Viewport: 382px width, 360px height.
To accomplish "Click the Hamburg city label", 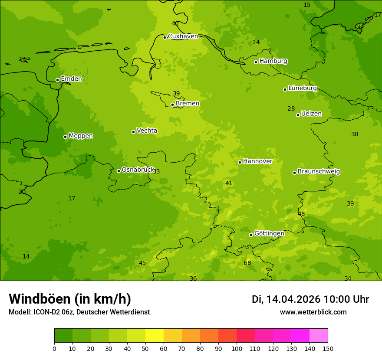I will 273,61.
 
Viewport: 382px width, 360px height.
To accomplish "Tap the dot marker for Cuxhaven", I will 165,37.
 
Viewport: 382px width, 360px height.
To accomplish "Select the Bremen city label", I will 187,104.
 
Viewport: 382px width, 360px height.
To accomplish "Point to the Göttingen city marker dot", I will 251,235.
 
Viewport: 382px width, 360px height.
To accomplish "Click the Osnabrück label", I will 138,170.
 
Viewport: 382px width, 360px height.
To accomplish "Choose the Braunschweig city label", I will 319,172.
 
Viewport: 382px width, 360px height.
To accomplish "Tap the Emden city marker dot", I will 57,80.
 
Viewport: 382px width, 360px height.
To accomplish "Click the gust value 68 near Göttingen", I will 247,263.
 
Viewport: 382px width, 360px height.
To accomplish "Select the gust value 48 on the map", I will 301,214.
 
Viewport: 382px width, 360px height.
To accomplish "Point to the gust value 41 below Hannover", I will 229,183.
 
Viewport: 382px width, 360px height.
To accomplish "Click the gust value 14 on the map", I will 26,256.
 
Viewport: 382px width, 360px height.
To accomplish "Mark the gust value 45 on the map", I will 142,263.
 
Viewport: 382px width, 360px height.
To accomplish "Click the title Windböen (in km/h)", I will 70,299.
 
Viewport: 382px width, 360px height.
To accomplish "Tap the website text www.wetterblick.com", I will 313,312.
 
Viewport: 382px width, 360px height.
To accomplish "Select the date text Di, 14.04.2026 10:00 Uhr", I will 310,299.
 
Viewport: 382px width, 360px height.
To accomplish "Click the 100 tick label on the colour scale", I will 237,348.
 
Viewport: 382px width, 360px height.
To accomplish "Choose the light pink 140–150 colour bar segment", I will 319,335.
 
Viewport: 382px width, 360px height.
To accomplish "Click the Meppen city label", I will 80,136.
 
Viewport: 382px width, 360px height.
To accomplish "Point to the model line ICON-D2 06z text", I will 79,312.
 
